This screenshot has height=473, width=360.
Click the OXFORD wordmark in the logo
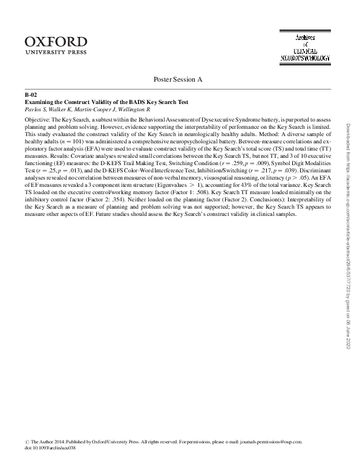click(x=56, y=41)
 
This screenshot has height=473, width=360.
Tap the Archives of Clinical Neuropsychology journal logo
click(x=305, y=48)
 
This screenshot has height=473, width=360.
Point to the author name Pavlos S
click(x=35, y=109)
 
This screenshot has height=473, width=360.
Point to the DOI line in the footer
click(x=45, y=449)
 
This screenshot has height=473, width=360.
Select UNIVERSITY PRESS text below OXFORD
click(x=56, y=53)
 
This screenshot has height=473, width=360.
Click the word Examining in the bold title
click(x=39, y=102)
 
